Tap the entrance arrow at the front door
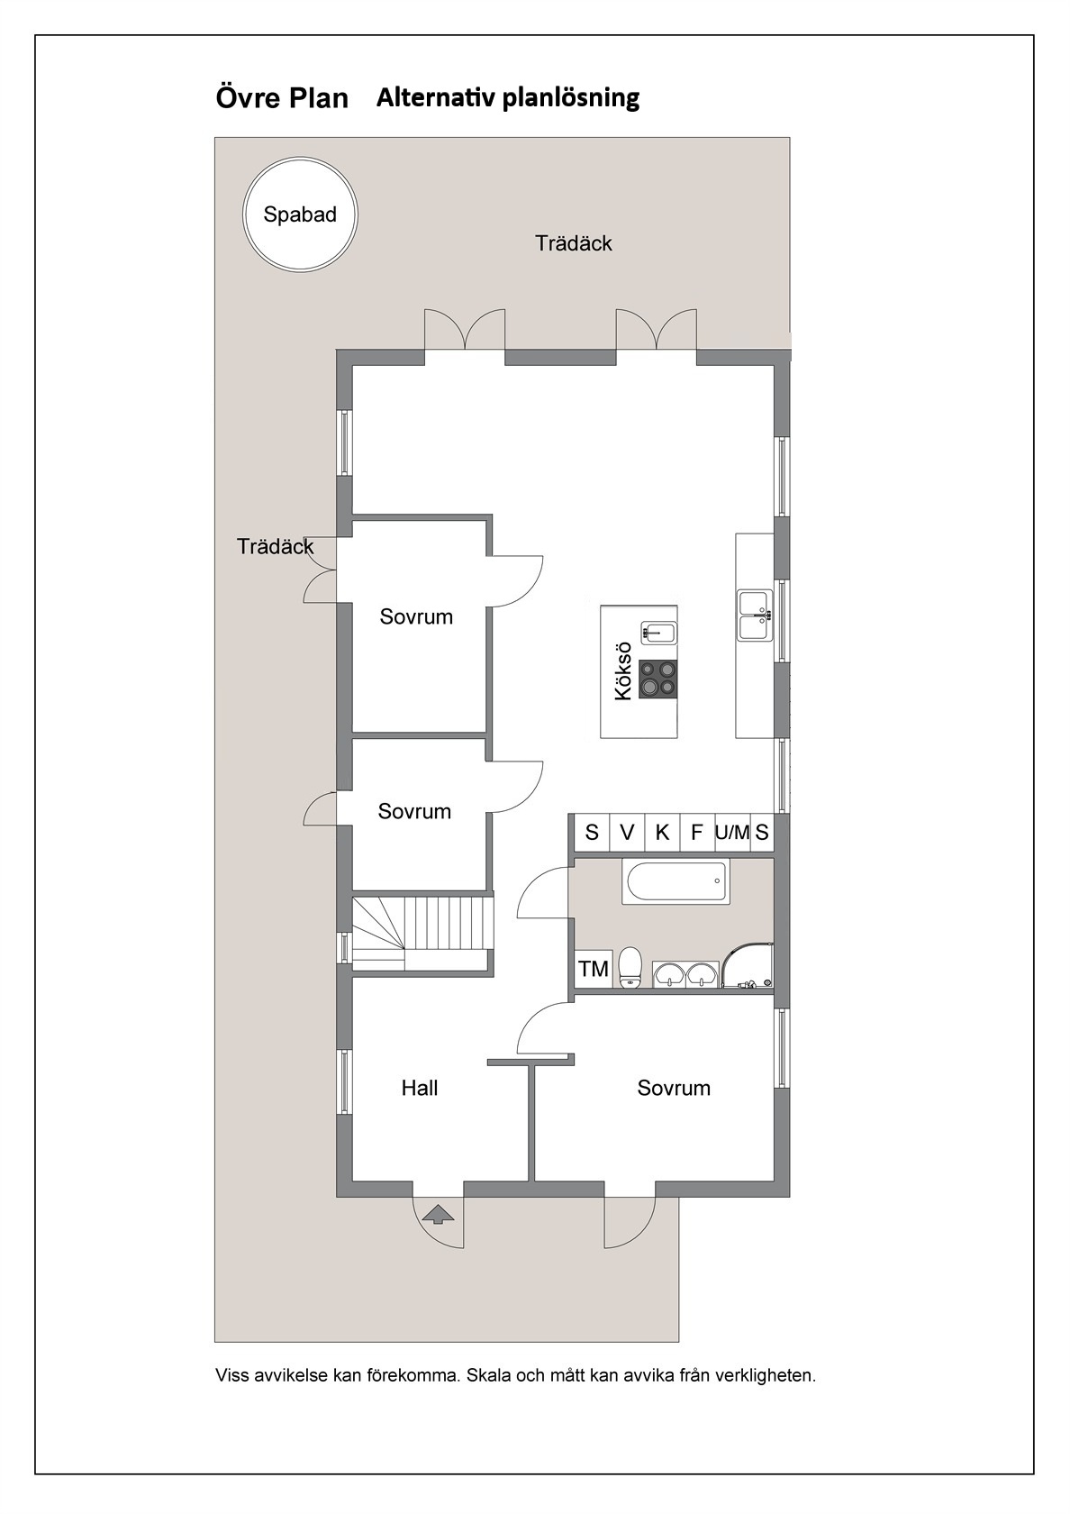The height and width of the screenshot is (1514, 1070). [x=438, y=1214]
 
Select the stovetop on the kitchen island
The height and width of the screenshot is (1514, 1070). [x=657, y=678]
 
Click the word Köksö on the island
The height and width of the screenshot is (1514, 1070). [x=623, y=671]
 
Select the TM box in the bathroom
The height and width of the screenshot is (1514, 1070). [x=593, y=969]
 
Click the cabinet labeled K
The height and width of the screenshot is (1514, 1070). [x=662, y=832]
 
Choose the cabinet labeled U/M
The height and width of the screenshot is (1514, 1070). [x=732, y=832]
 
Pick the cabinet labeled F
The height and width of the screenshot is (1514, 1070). [x=697, y=832]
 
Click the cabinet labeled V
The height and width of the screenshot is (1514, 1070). [x=627, y=832]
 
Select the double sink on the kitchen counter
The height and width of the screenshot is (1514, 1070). [x=755, y=616]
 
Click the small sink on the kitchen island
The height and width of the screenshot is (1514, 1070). [x=657, y=633]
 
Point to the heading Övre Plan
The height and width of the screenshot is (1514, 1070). [x=282, y=97]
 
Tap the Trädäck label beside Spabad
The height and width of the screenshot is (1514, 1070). [x=574, y=243]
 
